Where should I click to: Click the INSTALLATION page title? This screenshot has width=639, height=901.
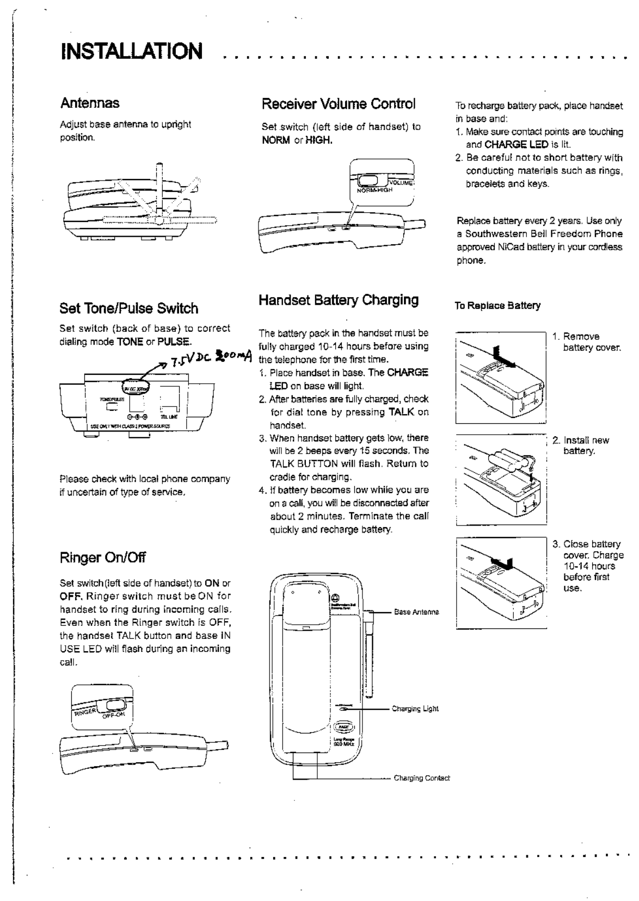132,52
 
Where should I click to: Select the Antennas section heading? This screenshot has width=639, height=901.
90,103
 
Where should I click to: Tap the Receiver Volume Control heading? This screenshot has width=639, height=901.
338,103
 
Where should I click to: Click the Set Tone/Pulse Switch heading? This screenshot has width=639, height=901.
128,308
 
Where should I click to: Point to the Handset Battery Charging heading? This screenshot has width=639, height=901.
339,300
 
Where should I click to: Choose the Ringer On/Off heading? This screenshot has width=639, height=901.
102,557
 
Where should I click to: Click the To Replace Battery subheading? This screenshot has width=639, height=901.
497,306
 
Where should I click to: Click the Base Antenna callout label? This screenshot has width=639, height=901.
416,612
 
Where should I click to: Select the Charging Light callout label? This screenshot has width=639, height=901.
415,709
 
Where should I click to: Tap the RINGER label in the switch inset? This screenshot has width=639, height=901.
85,711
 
